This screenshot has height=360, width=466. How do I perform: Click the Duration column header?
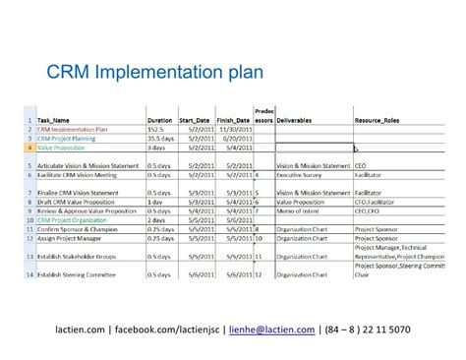pyautogui.click(x=160, y=119)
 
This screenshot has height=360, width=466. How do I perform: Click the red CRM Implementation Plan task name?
pyautogui.click(x=74, y=129)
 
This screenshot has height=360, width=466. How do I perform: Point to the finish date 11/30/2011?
pyautogui.click(x=233, y=129)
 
